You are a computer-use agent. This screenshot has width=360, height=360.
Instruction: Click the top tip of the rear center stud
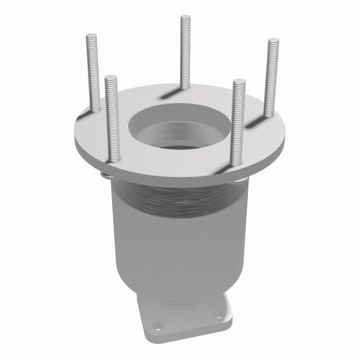click(185, 18)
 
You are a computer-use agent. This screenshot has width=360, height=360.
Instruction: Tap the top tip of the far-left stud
click(92, 36)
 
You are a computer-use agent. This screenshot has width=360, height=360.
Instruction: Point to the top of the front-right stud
click(239, 81)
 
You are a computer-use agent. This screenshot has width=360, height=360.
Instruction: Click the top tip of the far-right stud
click(274, 41)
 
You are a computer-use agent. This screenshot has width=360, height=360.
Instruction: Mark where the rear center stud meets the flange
click(185, 87)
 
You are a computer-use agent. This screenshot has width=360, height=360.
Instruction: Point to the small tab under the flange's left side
click(105, 175)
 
